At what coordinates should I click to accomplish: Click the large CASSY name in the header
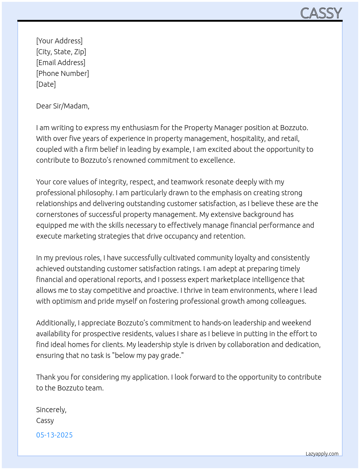pos(321,13)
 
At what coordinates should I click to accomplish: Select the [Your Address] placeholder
pos(59,41)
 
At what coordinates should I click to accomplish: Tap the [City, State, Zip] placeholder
pos(61,52)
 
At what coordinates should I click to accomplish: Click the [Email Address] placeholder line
pos(61,63)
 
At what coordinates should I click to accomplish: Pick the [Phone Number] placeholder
pos(63,73)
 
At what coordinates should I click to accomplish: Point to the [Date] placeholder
pos(46,84)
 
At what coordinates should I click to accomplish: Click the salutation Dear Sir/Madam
pos(63,106)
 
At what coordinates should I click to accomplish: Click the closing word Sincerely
pos(51,410)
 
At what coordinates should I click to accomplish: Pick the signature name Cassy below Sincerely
pos(45,420)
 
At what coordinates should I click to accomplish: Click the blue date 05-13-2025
pos(54,435)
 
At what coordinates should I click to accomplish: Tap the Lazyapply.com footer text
pos(322,454)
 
